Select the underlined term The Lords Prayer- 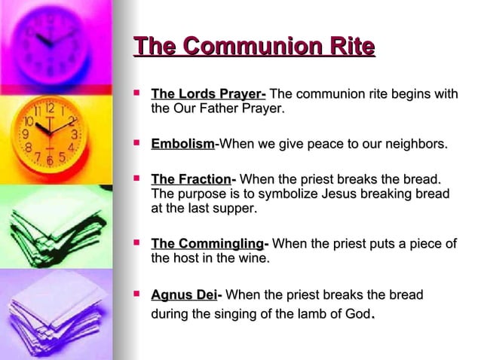[x=208, y=94]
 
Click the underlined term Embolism [x=183, y=143]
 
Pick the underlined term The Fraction [x=191, y=179]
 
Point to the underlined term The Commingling [x=207, y=244]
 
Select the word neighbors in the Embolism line [x=415, y=143]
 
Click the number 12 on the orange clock [x=48, y=108]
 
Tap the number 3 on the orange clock [x=75, y=135]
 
